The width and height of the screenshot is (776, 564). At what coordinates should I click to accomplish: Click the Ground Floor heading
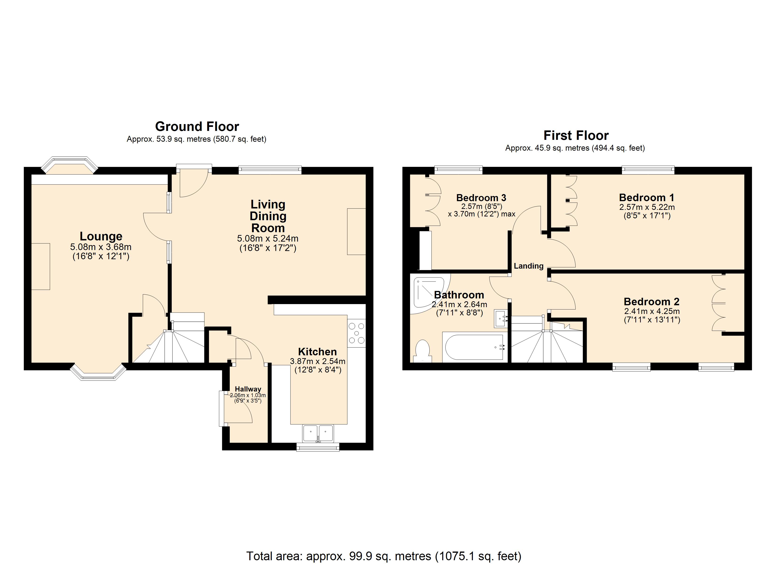click(x=197, y=127)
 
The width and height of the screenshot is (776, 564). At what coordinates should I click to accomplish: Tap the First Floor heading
click(x=576, y=135)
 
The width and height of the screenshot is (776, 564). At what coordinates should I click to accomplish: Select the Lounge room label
click(x=101, y=236)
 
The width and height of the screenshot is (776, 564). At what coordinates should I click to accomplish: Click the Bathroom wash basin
click(x=501, y=319)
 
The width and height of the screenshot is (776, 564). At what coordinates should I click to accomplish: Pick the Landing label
click(x=528, y=266)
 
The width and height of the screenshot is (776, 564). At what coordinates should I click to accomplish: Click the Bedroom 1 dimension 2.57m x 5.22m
click(x=647, y=207)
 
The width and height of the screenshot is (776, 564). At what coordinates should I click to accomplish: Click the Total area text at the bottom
click(x=384, y=556)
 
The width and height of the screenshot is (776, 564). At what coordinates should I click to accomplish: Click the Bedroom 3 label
click(x=481, y=198)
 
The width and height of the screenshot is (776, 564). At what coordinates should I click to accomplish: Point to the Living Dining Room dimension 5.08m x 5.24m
click(x=268, y=238)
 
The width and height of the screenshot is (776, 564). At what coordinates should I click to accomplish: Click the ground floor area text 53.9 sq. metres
click(x=196, y=139)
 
